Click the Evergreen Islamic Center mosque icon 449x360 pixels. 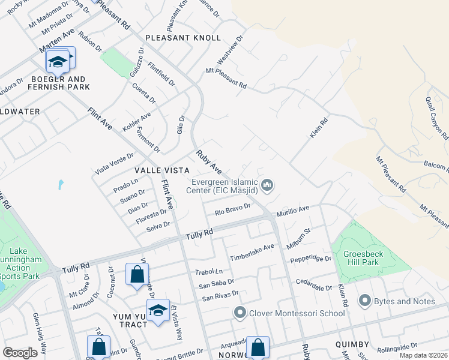point(268,185)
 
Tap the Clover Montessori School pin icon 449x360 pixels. point(240,313)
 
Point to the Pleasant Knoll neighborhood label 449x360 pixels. point(183,38)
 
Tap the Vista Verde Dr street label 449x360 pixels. point(113,164)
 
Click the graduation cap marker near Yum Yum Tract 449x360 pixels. point(158,310)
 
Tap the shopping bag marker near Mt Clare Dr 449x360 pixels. point(137,275)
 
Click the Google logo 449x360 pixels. point(20,353)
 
